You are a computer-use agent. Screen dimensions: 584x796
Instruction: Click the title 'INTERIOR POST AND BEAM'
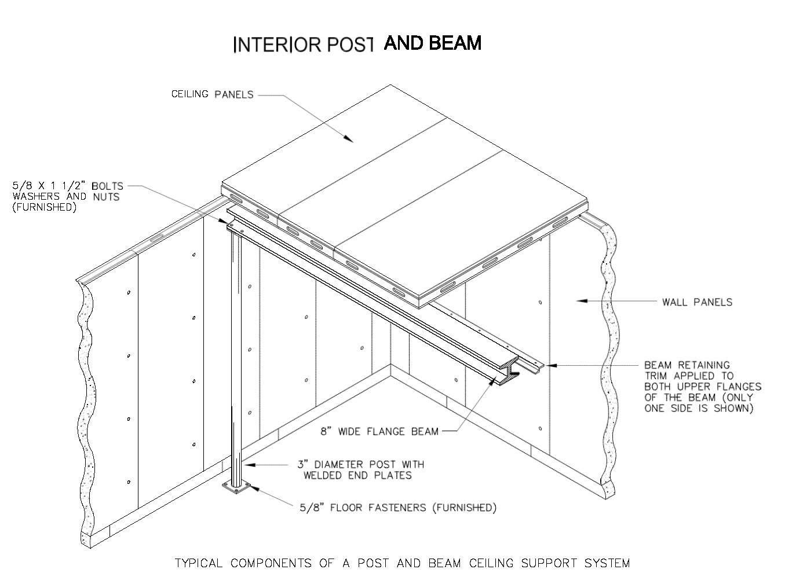[357, 44]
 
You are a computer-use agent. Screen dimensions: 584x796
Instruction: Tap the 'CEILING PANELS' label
[212, 94]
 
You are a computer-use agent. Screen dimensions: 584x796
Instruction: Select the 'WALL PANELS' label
[697, 302]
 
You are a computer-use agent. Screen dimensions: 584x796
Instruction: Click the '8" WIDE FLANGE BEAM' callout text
[379, 431]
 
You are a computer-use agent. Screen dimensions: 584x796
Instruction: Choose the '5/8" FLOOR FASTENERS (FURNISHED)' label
[398, 508]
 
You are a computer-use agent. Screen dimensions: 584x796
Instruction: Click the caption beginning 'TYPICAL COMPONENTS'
[402, 563]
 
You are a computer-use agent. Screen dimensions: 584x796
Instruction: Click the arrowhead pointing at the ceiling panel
[348, 139]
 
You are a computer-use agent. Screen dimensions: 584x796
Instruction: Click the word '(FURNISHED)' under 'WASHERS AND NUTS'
[45, 207]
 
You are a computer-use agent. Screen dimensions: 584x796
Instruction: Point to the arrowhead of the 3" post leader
[245, 464]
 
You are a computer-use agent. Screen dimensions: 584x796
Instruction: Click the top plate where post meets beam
[235, 229]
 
